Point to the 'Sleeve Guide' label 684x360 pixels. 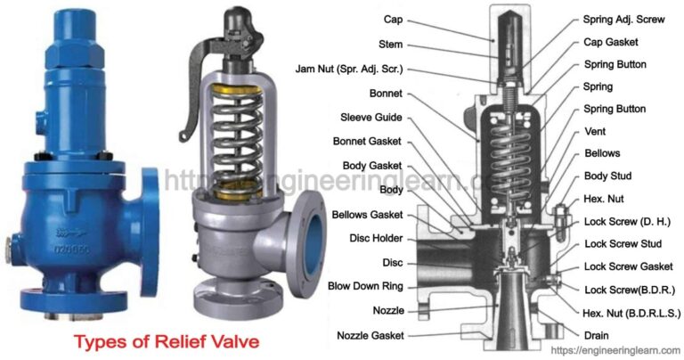pyautogui.click(x=370, y=117)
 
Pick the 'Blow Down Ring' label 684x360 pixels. pyautogui.click(x=365, y=286)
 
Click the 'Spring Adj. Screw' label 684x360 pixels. pyautogui.click(x=623, y=19)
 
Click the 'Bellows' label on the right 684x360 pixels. pyautogui.click(x=602, y=153)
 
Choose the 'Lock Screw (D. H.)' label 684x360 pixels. pyautogui.click(x=626, y=220)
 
